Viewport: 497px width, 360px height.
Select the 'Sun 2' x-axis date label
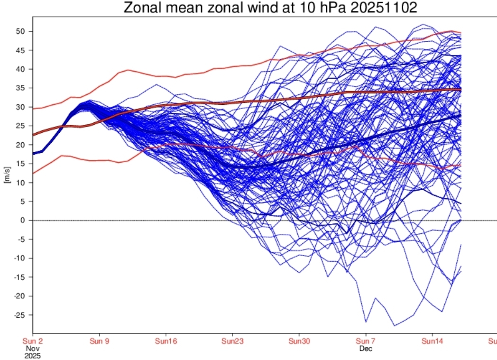tap(33, 341)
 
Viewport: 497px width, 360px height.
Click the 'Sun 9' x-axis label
tap(99, 341)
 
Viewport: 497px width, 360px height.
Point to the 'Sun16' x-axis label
tap(166, 341)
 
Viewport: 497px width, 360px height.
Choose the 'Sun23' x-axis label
tap(232, 341)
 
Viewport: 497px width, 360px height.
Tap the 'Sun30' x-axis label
tap(299, 341)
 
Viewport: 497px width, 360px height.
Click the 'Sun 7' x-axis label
tap(365, 341)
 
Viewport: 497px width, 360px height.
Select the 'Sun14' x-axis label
tap(432, 341)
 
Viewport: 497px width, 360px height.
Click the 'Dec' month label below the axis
tap(365, 349)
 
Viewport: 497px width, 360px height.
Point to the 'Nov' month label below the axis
tap(33, 349)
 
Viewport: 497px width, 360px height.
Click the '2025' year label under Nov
tap(33, 355)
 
